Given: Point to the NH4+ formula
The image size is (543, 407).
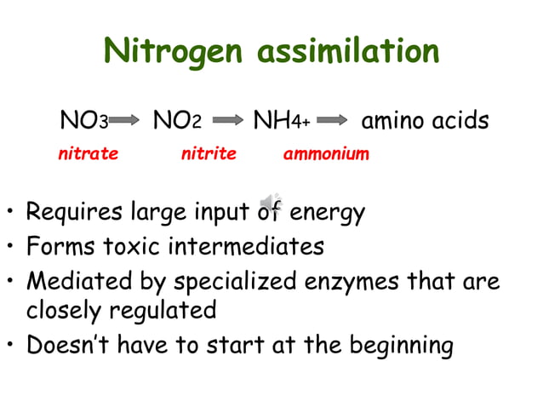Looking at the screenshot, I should coord(281,121).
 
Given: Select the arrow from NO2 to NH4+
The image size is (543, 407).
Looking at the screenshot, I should coord(227,122).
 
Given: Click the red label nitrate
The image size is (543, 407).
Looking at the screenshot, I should coord(88,154).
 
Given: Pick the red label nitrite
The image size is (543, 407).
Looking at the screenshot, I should coord(208,154).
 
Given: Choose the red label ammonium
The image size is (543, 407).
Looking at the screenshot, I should coord(326,154).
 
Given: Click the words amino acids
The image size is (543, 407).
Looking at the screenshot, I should coord(426,121).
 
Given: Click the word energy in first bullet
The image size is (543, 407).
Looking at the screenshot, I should coord(328,211).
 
